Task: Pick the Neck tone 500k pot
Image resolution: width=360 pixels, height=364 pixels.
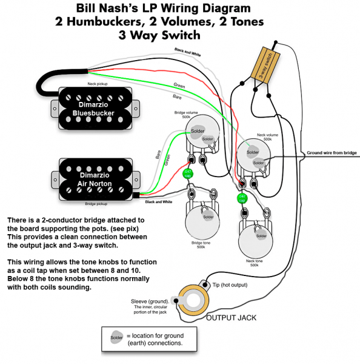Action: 256,238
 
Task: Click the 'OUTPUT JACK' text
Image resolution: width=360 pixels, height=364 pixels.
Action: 232,318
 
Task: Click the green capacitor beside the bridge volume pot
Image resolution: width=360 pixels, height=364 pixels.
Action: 188,174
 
